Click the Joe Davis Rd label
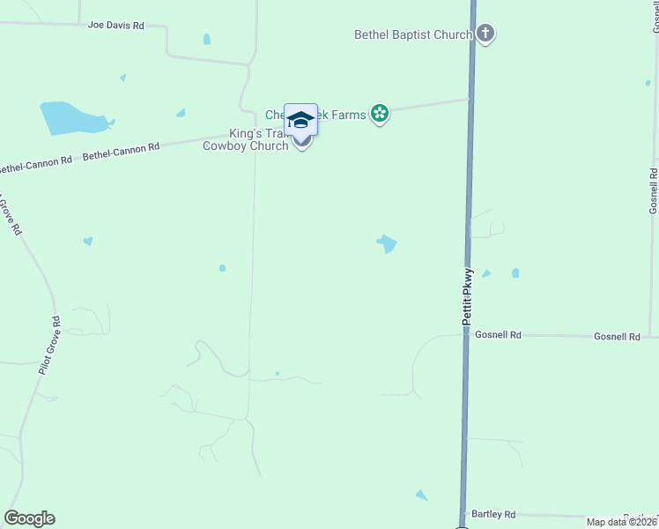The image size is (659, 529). pyautogui.click(x=115, y=26)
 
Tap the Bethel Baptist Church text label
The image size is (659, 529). pyautogui.click(x=413, y=35)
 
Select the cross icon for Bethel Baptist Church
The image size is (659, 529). pyautogui.click(x=485, y=35)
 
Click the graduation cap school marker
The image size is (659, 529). pyautogui.click(x=300, y=119)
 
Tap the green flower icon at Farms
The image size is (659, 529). pyautogui.click(x=380, y=113)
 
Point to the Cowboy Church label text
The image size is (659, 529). pyautogui.click(x=246, y=146)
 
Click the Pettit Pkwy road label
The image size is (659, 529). pyautogui.click(x=468, y=300)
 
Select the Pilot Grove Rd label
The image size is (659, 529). pyautogui.click(x=48, y=346)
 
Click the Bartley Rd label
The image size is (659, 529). pyautogui.click(x=492, y=514)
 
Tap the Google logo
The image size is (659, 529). pyautogui.click(x=29, y=518)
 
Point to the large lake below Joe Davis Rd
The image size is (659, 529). pyautogui.click(x=70, y=117)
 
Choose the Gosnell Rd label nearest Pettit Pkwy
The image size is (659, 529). pyautogui.click(x=498, y=335)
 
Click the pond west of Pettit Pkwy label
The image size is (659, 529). pyautogui.click(x=387, y=243)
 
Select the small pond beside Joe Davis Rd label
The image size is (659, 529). pyautogui.click(x=207, y=39)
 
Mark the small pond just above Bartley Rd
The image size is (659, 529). pyautogui.click(x=421, y=495)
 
